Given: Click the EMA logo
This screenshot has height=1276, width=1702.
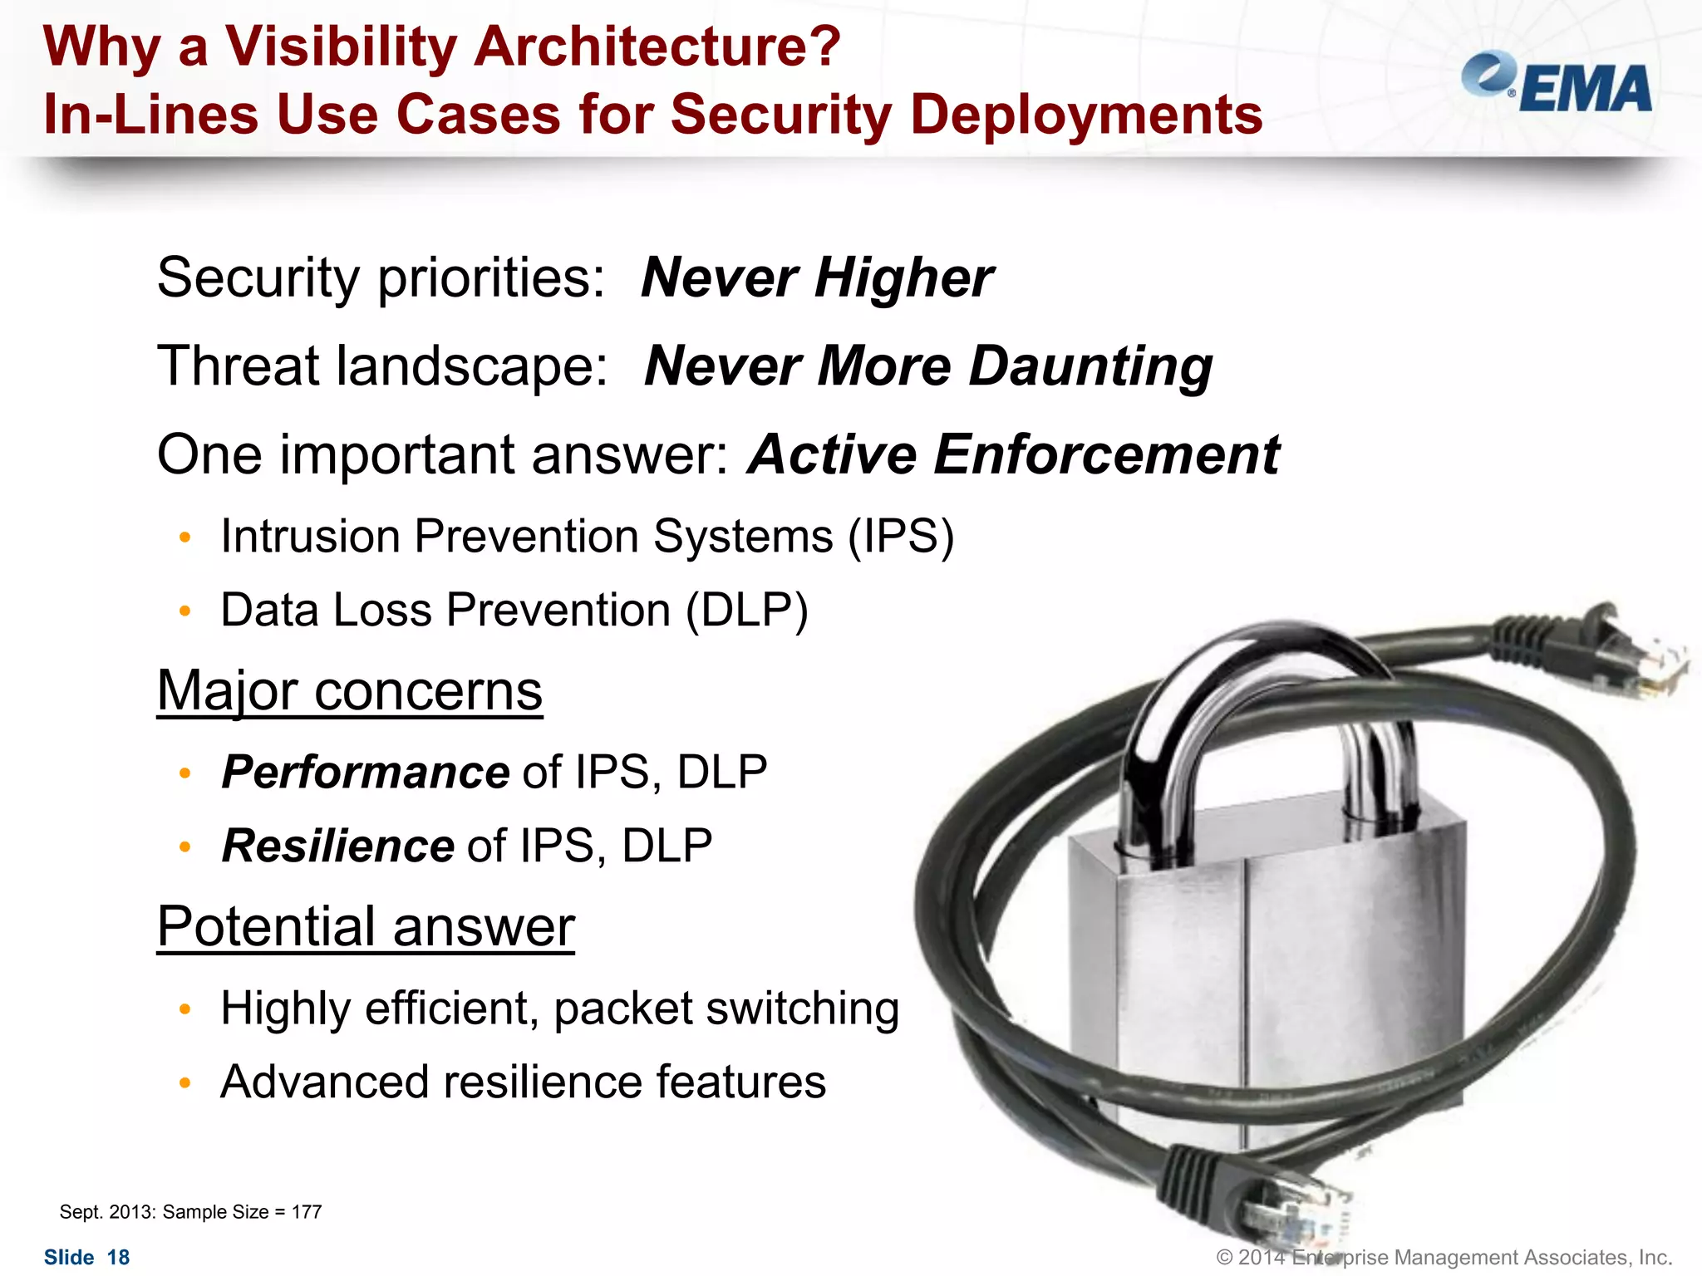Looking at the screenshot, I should tap(1557, 83).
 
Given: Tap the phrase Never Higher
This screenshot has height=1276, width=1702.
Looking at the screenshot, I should tap(817, 277).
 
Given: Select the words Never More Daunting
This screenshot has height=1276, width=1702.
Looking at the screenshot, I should tap(927, 366).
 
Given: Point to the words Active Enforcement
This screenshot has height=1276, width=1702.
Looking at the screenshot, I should tap(1013, 455).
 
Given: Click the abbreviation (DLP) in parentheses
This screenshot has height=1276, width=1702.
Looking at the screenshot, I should tap(746, 611).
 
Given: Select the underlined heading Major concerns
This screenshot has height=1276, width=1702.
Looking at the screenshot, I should tap(349, 691).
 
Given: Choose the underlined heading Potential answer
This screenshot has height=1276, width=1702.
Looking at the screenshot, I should tap(366, 927).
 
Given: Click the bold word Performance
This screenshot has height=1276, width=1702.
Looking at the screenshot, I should tap(366, 773).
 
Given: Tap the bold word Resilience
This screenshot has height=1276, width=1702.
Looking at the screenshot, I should tap(338, 847).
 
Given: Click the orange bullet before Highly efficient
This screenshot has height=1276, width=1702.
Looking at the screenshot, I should tap(185, 1009).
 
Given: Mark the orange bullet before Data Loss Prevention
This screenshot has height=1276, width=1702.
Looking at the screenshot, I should tap(185, 612).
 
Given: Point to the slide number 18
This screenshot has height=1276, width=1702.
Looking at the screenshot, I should tap(119, 1258).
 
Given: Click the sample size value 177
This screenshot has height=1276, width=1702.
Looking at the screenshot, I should tap(307, 1212).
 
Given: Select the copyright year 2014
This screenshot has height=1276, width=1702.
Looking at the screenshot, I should tap(1262, 1258).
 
